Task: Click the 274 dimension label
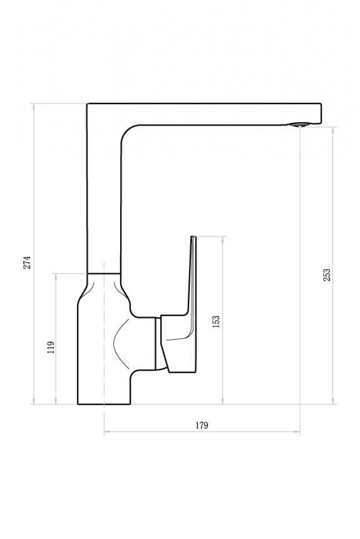(27, 262)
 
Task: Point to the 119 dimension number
(51, 348)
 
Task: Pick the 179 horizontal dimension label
(202, 425)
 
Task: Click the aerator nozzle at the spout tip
(298, 125)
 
